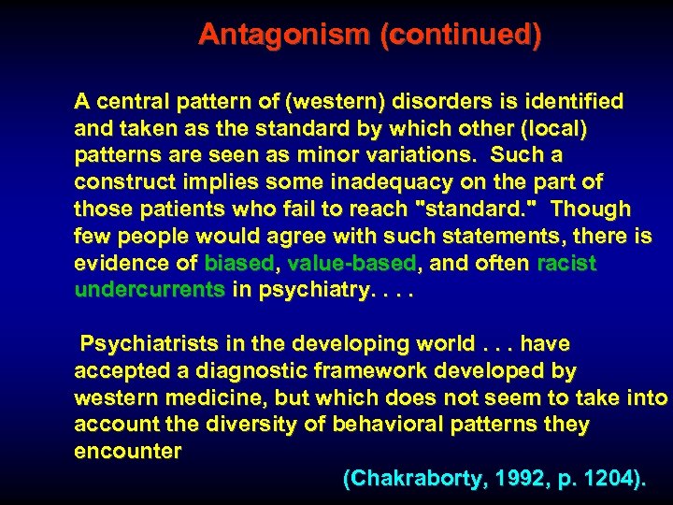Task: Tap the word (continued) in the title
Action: point(461,36)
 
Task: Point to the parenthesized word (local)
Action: point(554,127)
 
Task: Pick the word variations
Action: point(429,154)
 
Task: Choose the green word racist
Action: point(566,263)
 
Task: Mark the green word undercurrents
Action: point(150,290)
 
